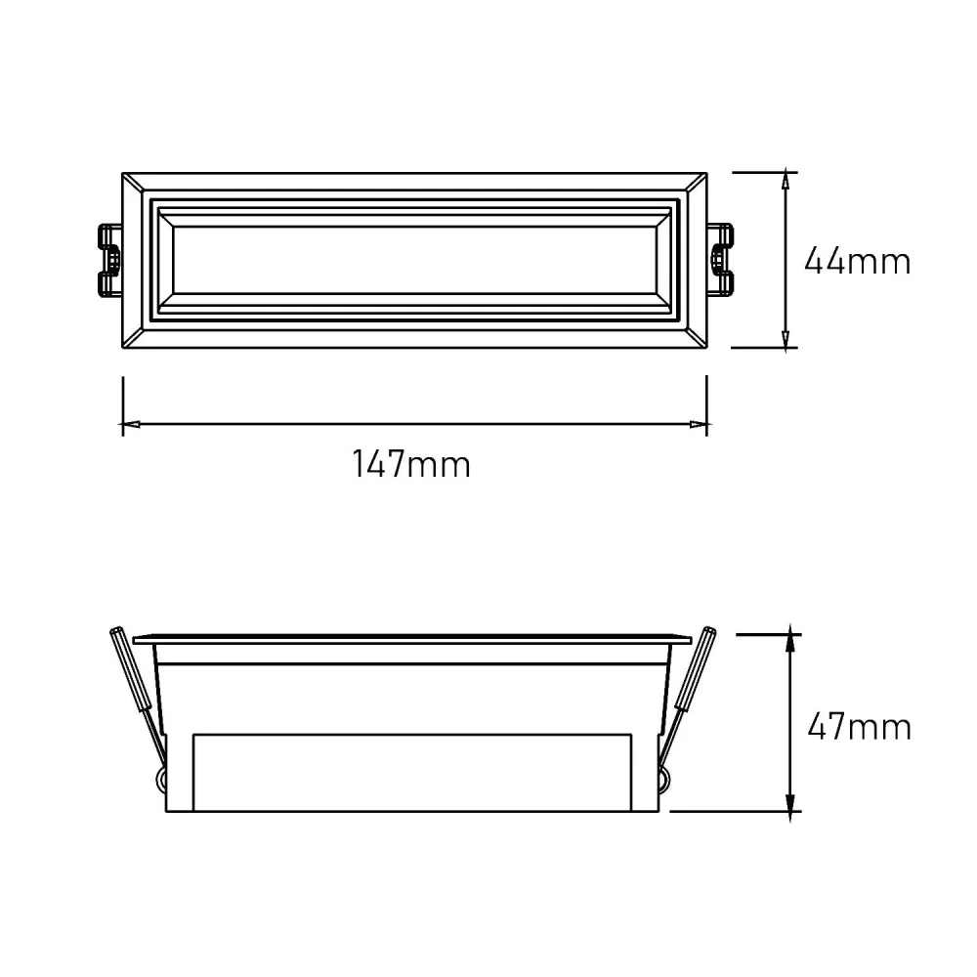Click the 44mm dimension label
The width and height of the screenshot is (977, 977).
[x=858, y=261]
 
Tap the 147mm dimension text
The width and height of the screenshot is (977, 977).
[x=411, y=464]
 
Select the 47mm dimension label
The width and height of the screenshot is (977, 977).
[x=859, y=727]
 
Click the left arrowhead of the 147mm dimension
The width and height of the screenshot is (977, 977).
[x=130, y=424]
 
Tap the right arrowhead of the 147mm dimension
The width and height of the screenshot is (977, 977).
[x=700, y=424]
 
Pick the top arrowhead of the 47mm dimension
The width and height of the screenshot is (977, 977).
[x=790, y=639]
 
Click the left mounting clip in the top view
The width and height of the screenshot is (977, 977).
[x=109, y=259]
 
